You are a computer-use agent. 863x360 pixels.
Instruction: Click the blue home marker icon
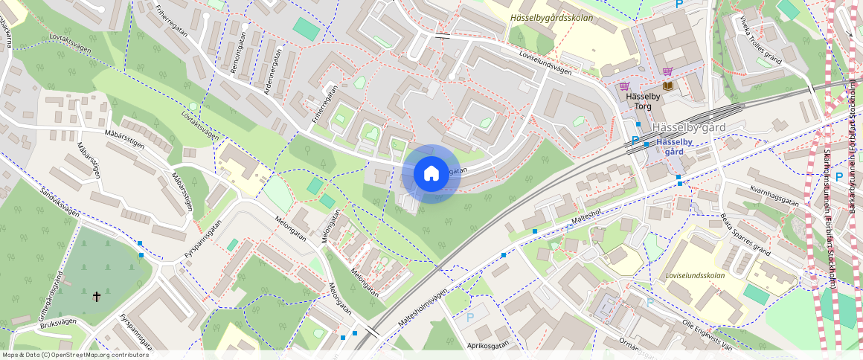[431, 174]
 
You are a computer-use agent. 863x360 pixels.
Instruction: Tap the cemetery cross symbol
[97, 297]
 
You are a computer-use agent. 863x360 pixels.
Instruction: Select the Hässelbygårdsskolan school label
[551, 17]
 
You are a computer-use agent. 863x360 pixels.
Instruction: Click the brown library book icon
[667, 86]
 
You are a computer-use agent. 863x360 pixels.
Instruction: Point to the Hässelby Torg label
[643, 101]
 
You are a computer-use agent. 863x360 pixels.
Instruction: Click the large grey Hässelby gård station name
[688, 127]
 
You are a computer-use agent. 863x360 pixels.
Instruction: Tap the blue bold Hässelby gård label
[674, 146]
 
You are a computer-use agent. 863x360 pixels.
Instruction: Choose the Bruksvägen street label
[59, 324]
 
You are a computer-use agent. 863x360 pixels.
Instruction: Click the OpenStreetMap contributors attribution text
[75, 355]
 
